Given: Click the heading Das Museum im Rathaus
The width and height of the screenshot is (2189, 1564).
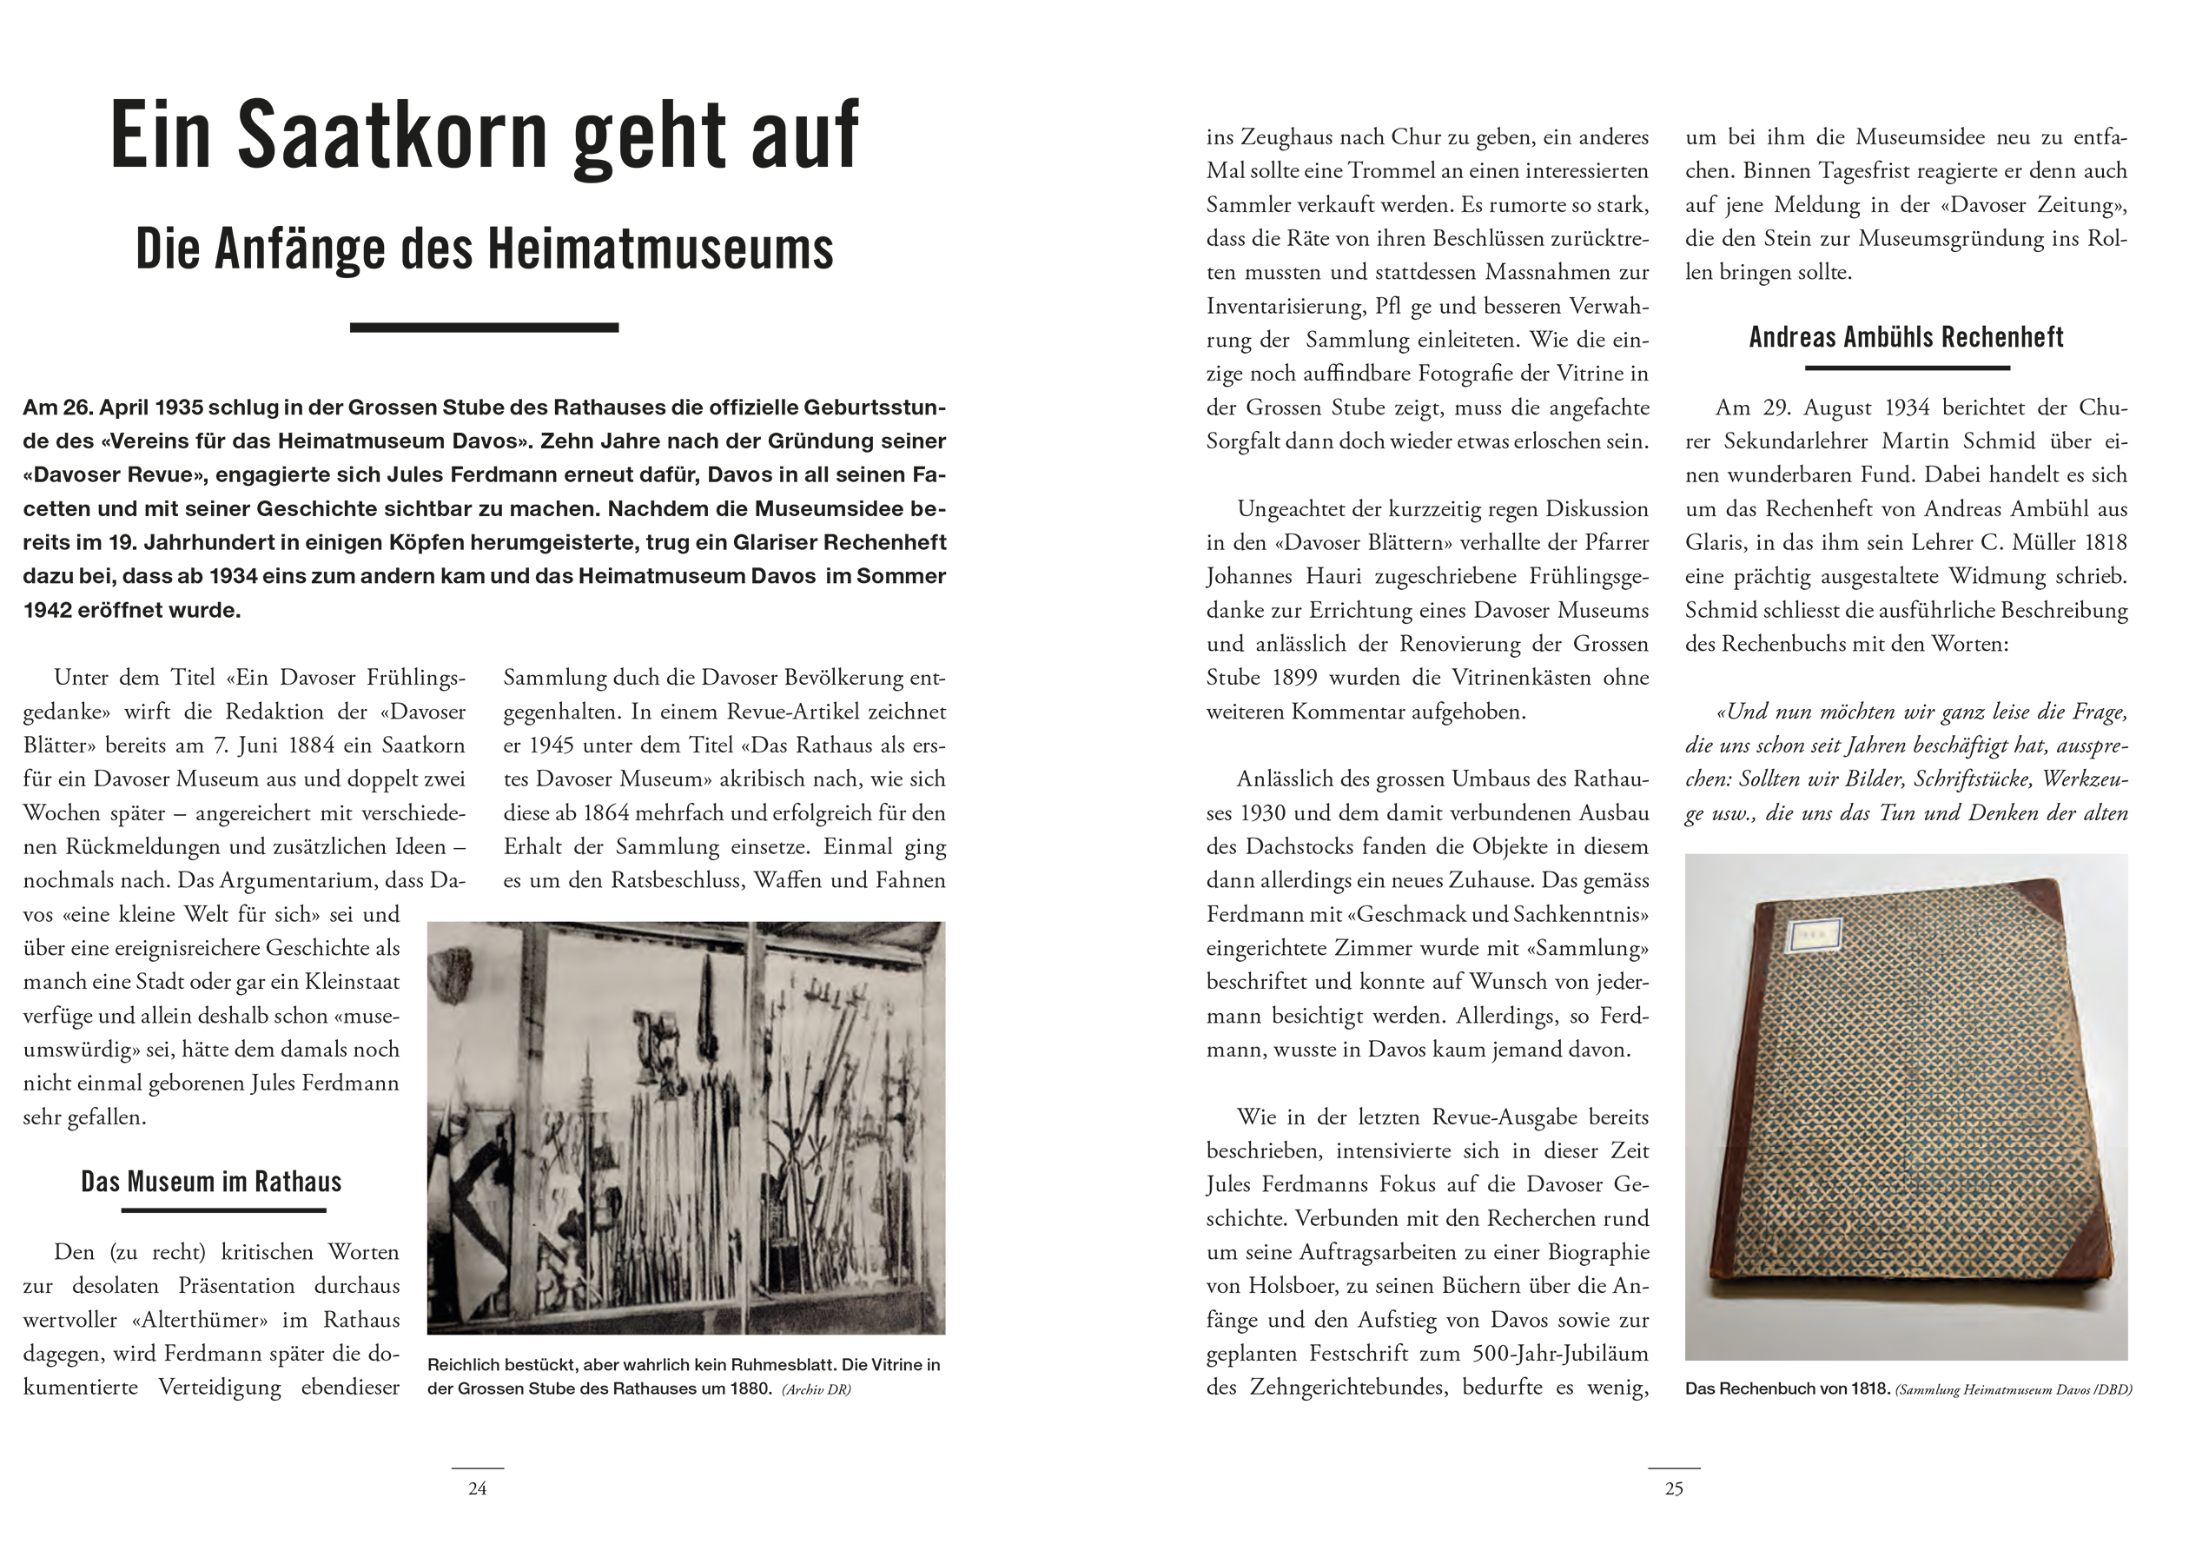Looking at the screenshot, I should coord(211,1182).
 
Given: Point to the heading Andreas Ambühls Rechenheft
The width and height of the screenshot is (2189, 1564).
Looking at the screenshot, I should coord(1906,337).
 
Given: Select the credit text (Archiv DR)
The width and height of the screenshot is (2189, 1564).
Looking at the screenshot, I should coord(817,1389).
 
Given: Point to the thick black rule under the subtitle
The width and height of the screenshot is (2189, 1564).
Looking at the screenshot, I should coord(483,328).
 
